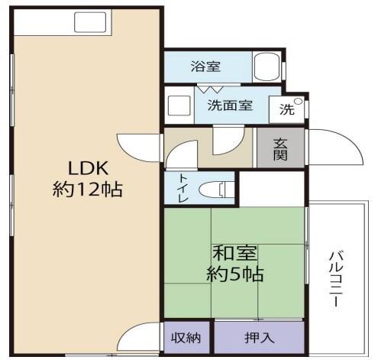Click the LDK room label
(x=89, y=167)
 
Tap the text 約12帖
(x=89, y=188)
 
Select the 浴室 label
(x=206, y=66)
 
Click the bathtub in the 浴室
(x=267, y=66)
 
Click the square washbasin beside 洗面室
(x=179, y=105)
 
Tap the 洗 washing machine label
(x=286, y=109)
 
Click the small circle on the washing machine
(x=299, y=101)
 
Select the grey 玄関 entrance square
(x=279, y=146)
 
